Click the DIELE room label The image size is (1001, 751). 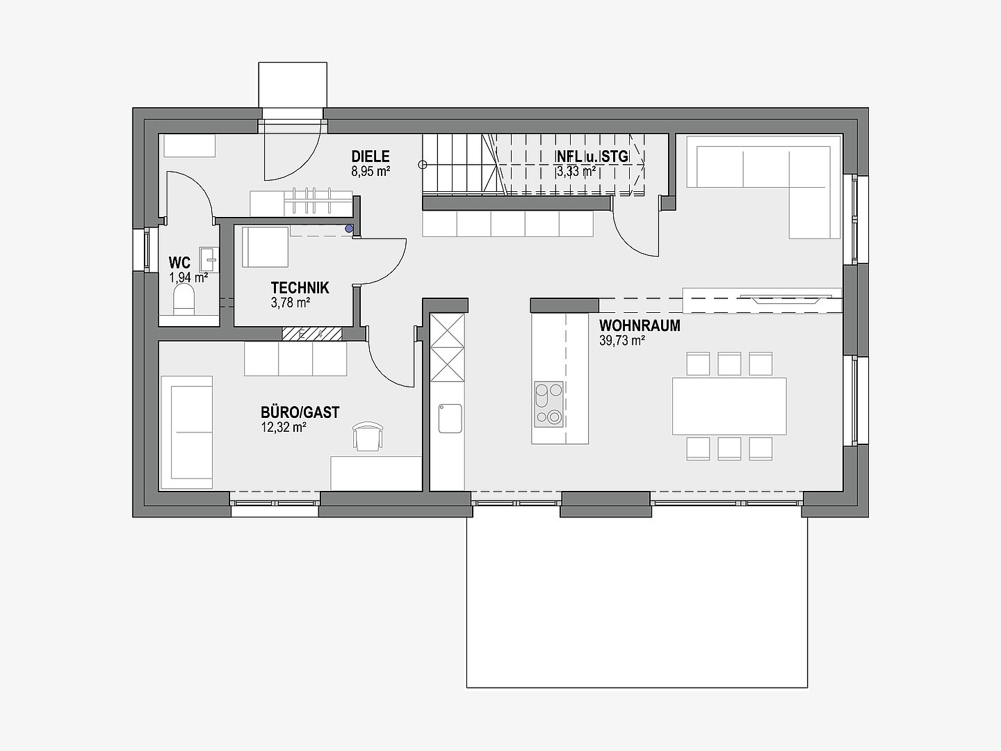tap(371, 156)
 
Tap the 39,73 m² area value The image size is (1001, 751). tap(622, 341)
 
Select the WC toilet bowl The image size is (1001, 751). tap(184, 299)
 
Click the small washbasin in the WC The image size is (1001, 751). tap(209, 260)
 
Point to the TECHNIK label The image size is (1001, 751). tap(300, 288)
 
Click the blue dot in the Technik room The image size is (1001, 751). tap(349, 229)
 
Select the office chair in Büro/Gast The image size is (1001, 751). tap(368, 437)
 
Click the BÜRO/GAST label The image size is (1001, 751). tap(300, 412)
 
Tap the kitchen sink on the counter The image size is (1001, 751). tap(450, 418)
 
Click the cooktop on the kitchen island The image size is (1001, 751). tap(549, 404)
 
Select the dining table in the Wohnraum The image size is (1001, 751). tap(729, 406)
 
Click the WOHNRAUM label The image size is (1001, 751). tap(640, 325)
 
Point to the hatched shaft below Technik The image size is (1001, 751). tap(312, 334)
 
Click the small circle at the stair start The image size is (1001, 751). tap(423, 165)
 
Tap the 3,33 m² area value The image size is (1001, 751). tap(576, 172)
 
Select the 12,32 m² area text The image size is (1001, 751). tap(283, 427)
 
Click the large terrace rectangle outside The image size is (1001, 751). tap(637, 603)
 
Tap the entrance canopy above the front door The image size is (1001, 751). tap(293, 86)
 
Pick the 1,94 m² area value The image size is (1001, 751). tap(188, 277)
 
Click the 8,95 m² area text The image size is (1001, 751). tap(371, 172)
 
